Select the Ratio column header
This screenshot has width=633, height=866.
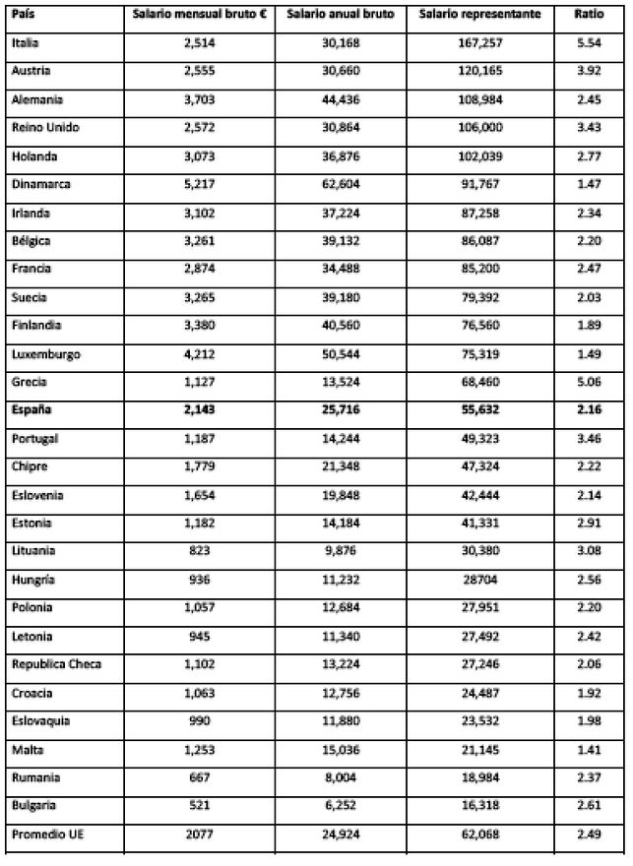[x=590, y=16]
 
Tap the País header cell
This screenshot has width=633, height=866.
[x=25, y=16]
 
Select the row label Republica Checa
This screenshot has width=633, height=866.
[x=56, y=664]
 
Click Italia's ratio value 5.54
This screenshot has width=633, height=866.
[x=591, y=43]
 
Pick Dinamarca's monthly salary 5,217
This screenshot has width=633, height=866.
[x=200, y=184]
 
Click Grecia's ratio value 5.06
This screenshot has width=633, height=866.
[x=591, y=382]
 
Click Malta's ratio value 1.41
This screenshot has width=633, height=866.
[x=591, y=750]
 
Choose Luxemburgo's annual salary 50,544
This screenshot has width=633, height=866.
[x=338, y=353]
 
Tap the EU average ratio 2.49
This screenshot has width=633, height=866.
[x=591, y=835]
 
